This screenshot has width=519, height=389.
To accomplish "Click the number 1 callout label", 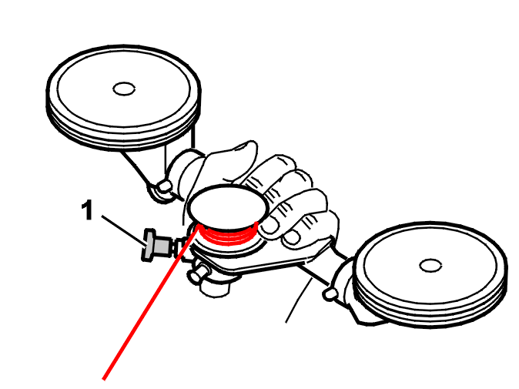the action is (x=87, y=210).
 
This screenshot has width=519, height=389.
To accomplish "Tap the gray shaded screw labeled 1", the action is (x=157, y=245).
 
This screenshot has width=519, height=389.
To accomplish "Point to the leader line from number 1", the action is (x=123, y=231).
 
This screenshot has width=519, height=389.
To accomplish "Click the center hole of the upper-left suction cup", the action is (x=124, y=89).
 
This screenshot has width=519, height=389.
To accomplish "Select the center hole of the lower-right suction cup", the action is (x=430, y=266).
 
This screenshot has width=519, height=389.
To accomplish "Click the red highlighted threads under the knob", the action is (x=229, y=234).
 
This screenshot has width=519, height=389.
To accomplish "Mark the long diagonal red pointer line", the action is (x=151, y=303).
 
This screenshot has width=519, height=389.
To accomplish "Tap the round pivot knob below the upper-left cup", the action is (x=165, y=187).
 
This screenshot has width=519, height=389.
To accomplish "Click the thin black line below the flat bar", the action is (x=299, y=300).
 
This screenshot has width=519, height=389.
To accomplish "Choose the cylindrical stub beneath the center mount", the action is (x=215, y=288).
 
